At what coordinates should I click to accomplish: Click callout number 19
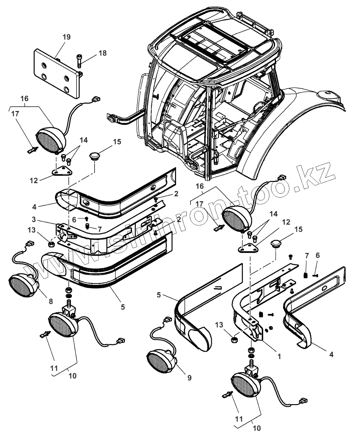[x=67, y=37]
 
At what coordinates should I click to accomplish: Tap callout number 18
[x=103, y=53]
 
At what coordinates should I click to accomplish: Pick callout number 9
[x=189, y=378]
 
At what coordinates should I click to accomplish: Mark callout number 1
[x=279, y=356]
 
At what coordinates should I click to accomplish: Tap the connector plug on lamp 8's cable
[x=29, y=244]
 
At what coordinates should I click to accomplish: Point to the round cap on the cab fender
[x=328, y=94]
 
